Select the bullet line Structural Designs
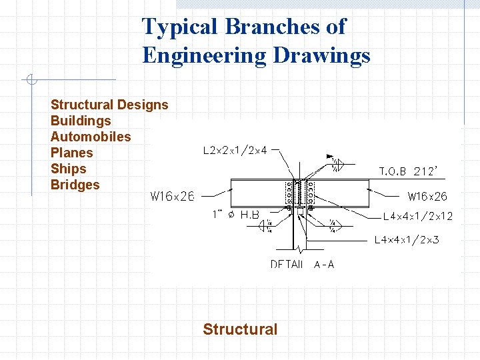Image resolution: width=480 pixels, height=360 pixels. [109, 105]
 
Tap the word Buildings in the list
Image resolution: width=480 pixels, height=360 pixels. [81, 121]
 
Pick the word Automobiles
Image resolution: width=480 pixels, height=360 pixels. [91, 137]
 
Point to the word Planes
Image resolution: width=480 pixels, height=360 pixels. [71, 153]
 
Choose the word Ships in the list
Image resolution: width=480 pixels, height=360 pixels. [68, 169]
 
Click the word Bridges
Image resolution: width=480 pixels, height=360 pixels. [75, 185]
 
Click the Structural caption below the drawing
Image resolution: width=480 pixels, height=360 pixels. [240, 329]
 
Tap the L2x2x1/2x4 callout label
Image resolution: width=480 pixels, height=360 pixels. [235, 151]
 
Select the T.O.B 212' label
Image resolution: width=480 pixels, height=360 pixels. [408, 171]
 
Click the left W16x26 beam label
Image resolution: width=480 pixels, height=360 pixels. [172, 196]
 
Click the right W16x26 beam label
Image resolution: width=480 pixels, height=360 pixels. [427, 196]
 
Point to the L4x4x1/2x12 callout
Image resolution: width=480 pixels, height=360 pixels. [417, 217]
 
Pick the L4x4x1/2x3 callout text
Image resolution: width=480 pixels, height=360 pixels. [407, 239]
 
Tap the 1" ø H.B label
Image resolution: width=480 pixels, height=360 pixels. [235, 215]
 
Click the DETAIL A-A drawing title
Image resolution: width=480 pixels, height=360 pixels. [302, 264]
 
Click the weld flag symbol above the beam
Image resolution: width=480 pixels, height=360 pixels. [332, 161]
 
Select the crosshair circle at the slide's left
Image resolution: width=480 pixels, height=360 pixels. [31, 81]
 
